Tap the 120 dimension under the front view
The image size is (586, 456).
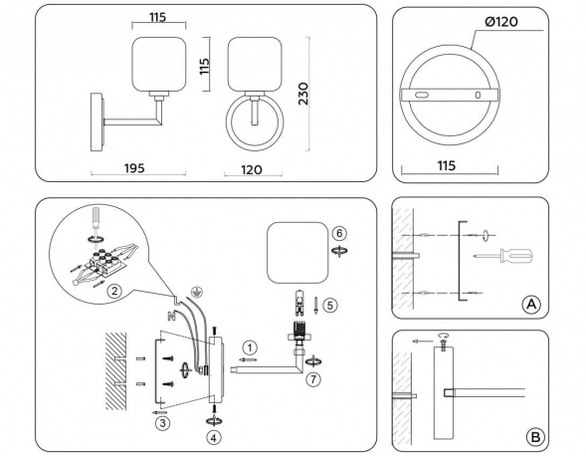pos(252,170)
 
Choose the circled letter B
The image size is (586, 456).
pos(534,436)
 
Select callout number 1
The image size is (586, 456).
pos(250,346)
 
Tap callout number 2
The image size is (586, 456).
pos(114,292)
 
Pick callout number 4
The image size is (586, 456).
pos(214,436)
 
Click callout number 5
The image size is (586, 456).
pos(332,305)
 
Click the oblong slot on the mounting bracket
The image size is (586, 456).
pos(423,95)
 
